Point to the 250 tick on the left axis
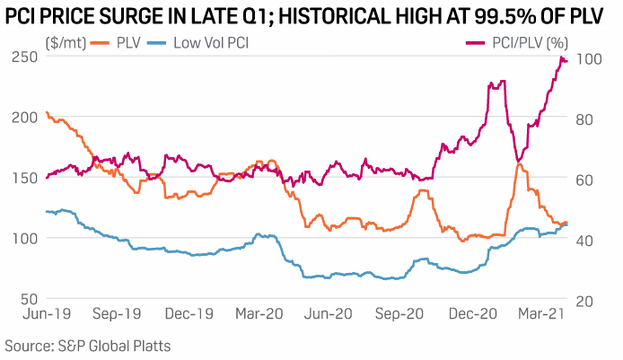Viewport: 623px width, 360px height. click(27, 57)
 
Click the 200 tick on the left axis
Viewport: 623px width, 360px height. click(27, 118)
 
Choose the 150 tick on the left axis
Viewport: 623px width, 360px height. click(27, 178)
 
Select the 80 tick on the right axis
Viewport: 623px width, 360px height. click(584, 118)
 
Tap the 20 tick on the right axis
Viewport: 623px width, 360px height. click(584, 299)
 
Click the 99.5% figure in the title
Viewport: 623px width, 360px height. click(490, 13)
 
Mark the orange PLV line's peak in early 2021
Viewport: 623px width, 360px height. click(518, 162)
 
